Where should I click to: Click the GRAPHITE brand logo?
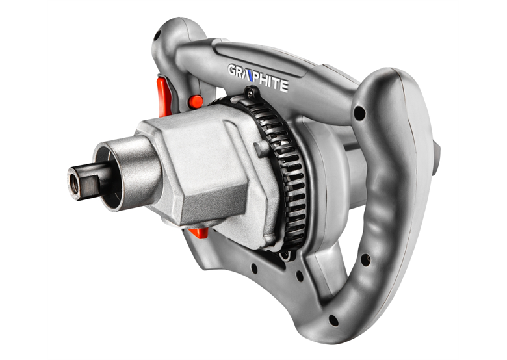click(x=258, y=78)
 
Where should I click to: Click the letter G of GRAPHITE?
click(x=233, y=70)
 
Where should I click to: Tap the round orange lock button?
click(x=196, y=101)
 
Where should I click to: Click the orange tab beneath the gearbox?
click(x=198, y=233)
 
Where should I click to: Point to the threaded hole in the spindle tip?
click(x=74, y=183)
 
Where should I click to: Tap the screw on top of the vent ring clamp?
click(x=250, y=94)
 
